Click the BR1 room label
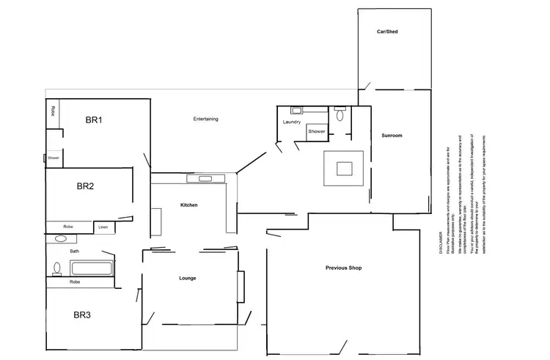coord(92,120)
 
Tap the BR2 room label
coord(85,186)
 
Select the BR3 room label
coord(82,315)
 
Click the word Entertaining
coord(205,119)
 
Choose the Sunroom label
coord(392,136)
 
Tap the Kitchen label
coord(189,205)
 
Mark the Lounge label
coord(188,279)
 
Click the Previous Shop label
coord(343,268)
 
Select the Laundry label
coord(292,122)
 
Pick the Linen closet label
coord(103,227)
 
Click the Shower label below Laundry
coord(316,131)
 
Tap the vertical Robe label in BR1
coord(54,112)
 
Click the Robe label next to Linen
coord(67,227)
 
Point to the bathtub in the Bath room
coord(91,268)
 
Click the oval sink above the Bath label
coord(60,239)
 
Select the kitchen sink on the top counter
coord(200,178)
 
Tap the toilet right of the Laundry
coord(338,114)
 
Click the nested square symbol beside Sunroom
coord(344,168)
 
